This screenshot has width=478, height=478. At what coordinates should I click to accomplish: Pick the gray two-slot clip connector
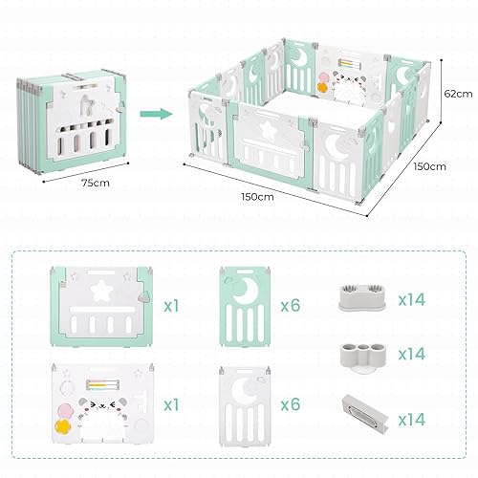pos(359,293)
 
